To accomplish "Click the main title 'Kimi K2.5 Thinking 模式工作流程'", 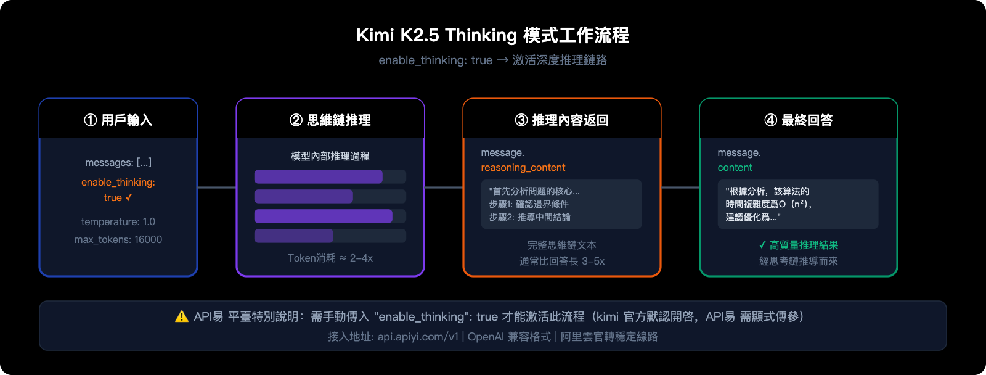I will click(x=492, y=35).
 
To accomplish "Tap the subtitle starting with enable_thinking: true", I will click(x=492, y=60).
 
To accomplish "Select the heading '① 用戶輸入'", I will click(x=118, y=120).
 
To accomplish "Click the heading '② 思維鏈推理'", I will click(x=330, y=120).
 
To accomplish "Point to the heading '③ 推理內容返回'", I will click(x=562, y=120).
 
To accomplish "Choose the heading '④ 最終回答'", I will click(x=799, y=120).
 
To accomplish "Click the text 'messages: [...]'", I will click(x=118, y=162).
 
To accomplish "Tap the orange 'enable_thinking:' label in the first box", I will click(x=118, y=182).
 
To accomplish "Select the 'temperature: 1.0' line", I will click(x=118, y=221).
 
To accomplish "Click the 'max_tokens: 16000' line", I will click(x=118, y=239).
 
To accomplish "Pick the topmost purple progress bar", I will click(x=319, y=177).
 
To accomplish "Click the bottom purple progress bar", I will click(x=294, y=236).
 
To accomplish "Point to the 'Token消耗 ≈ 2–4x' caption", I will click(x=330, y=258).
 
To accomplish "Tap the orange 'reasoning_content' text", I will click(x=523, y=168).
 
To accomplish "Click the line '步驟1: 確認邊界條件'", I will click(x=529, y=204).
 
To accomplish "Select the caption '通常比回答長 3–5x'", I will click(x=562, y=261).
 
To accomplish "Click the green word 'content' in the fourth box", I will click(x=735, y=168).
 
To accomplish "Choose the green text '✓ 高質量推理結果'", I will click(x=799, y=245).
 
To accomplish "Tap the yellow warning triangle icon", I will click(x=182, y=316).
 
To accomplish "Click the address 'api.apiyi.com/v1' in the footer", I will click(x=418, y=337).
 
